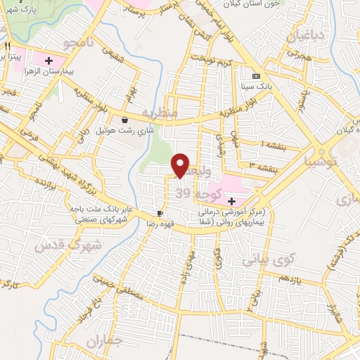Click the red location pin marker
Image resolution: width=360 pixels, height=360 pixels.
181,165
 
